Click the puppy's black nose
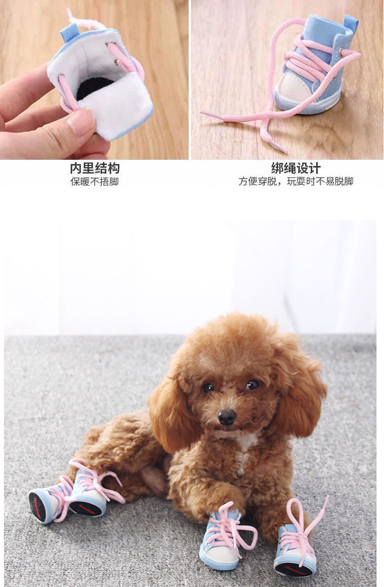point(227,417)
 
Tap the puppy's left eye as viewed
point(208,387)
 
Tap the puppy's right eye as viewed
point(252,384)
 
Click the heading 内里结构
point(94,168)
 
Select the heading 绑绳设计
point(295,168)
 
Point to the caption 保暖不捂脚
point(94,182)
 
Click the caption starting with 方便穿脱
point(295,182)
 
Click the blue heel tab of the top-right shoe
point(350,23)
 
